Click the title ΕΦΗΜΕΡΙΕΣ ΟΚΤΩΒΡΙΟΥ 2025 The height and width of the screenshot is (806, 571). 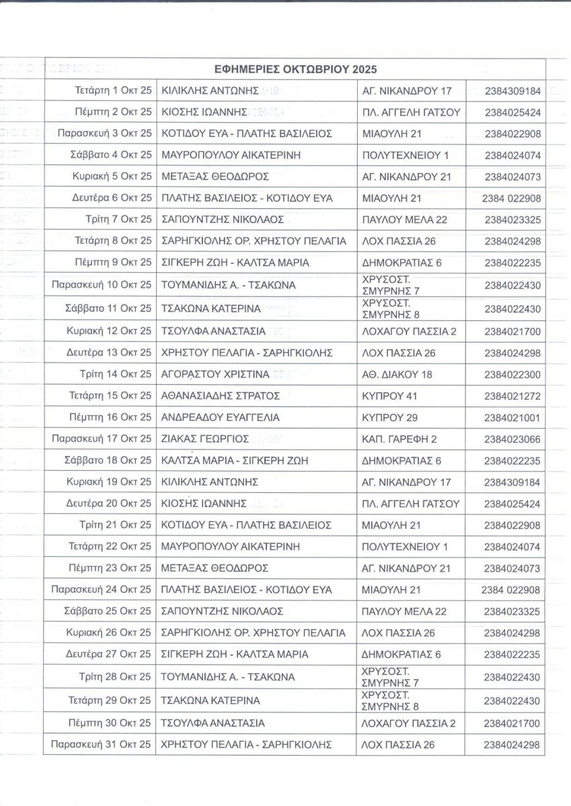[x=295, y=69]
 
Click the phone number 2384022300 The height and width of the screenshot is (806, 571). [x=512, y=374]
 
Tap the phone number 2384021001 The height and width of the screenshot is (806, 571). [x=512, y=417]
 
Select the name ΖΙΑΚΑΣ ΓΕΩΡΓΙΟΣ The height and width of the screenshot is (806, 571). [x=206, y=439]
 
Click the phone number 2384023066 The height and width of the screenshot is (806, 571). [x=512, y=439]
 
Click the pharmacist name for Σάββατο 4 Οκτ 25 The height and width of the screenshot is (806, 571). [x=231, y=155]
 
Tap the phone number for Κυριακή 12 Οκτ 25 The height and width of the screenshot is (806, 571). [x=512, y=331]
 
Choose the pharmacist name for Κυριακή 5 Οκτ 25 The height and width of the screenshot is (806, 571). [x=215, y=177]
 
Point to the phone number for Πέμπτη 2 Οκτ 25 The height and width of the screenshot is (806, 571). [x=512, y=112]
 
